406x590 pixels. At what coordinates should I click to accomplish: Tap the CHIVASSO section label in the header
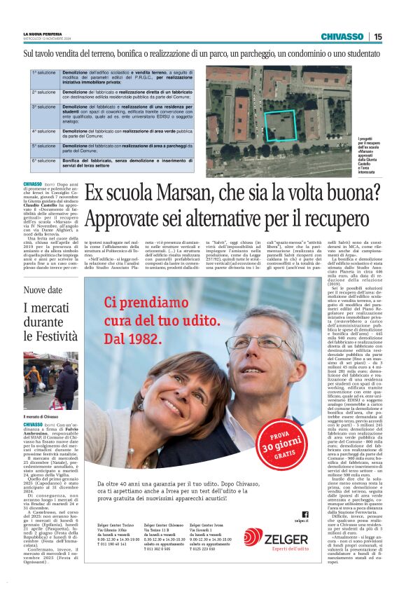click(342, 36)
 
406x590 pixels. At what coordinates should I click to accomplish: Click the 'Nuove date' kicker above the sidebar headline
click(43, 290)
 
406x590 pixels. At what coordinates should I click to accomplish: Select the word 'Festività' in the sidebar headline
click(50, 336)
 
